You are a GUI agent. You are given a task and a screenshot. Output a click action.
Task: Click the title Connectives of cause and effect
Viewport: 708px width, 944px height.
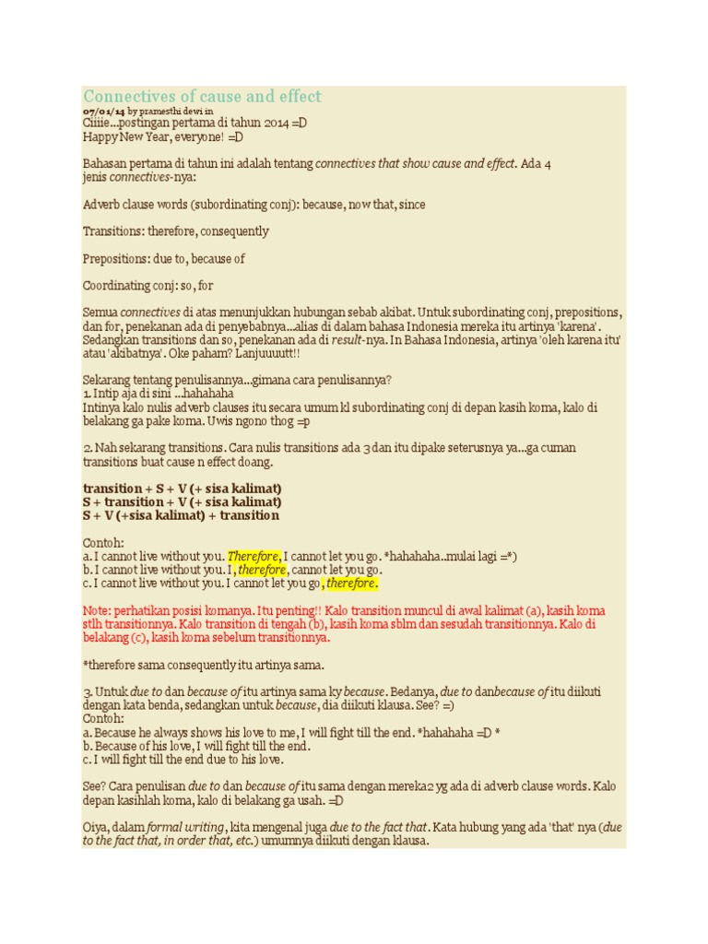pos(202,97)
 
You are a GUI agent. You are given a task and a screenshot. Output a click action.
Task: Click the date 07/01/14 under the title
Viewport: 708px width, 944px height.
pos(101,111)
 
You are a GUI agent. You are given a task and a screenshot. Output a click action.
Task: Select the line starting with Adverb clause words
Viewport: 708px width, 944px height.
pos(254,205)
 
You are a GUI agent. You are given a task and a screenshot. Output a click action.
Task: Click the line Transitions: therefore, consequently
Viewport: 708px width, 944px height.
pos(175,231)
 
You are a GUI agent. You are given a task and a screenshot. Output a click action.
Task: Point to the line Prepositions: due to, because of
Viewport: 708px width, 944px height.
pos(163,259)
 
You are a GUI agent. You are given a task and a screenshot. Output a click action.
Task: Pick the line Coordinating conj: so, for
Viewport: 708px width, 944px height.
pos(147,286)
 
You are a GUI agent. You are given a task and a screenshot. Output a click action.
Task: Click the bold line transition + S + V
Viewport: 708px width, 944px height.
pos(182,489)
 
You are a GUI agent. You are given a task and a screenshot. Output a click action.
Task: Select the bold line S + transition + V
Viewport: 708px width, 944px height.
pos(182,501)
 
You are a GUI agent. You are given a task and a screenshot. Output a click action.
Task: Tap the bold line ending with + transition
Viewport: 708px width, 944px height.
pos(181,515)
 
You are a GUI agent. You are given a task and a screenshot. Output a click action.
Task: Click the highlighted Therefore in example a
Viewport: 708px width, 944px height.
pos(254,557)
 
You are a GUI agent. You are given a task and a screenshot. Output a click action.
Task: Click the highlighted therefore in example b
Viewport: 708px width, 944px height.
pos(262,571)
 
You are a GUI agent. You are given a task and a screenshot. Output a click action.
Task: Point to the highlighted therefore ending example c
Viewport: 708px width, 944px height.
pos(350,584)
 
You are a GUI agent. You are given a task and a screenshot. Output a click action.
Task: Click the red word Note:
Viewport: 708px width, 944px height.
pos(97,611)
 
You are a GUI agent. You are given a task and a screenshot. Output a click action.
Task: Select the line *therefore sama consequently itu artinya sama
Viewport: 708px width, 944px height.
pos(204,666)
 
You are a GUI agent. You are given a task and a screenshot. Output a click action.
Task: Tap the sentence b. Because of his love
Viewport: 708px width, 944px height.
pos(196,747)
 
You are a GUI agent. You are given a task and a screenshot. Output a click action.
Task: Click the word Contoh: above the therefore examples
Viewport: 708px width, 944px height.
pos(102,543)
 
